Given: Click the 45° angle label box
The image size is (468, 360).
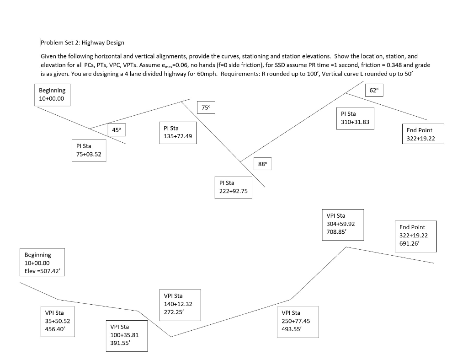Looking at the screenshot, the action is click(x=116, y=130).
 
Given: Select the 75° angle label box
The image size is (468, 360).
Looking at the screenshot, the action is click(x=206, y=107).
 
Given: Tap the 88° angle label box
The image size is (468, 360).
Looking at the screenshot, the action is click(x=262, y=164).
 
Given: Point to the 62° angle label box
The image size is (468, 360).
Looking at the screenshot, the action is click(x=374, y=91).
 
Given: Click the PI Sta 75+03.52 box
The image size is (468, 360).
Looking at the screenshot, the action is click(x=89, y=150).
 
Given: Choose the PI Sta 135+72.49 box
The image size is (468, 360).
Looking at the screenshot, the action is click(x=178, y=132).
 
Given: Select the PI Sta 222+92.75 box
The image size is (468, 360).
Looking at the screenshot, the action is click(x=233, y=187).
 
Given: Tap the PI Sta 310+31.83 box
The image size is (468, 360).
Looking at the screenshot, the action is click(x=356, y=118).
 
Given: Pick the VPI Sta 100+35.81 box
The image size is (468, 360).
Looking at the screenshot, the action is click(x=126, y=335).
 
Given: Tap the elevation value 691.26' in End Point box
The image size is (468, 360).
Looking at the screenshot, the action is click(x=409, y=243).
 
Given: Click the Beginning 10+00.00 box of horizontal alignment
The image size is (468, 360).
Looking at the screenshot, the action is click(x=52, y=95).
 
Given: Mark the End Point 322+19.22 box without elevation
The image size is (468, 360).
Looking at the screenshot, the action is click(x=422, y=134).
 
